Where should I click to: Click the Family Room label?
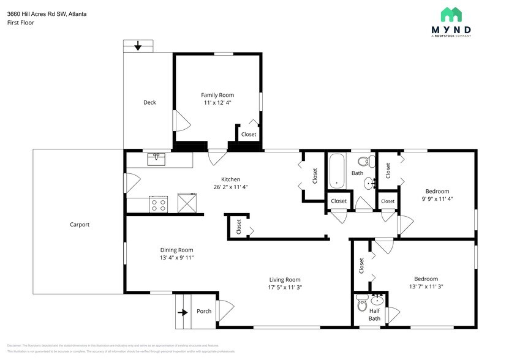[217, 95]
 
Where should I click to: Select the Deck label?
[149, 102]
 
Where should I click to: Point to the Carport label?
[80, 225]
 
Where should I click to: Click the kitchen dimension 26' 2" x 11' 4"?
[230, 187]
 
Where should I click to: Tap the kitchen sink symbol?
[157, 159]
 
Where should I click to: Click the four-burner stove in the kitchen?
[159, 204]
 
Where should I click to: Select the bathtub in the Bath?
[336, 171]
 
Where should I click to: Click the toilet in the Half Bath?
[361, 302]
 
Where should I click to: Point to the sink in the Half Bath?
[377, 300]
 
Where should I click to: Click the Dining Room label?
[176, 250]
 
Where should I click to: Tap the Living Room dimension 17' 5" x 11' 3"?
[284, 287]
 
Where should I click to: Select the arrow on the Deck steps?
[138, 46]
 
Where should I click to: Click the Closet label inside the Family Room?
[249, 134]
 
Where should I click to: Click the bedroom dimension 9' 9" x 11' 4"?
[437, 198]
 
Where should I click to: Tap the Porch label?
[204, 311]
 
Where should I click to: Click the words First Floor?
[21, 23]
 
